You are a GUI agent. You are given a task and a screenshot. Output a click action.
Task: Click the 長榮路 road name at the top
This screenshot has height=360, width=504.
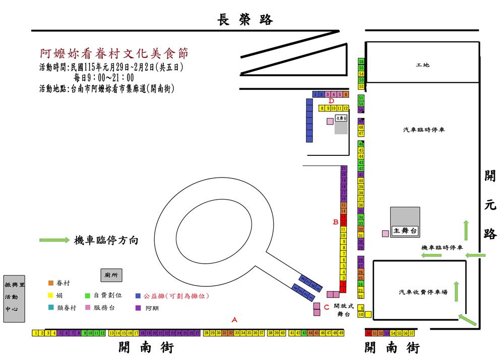pos(245,20)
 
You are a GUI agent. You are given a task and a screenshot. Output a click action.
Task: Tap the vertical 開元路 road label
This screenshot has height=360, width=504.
pos(489,204)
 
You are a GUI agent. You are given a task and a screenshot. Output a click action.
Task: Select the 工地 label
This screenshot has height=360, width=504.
pos(422,65)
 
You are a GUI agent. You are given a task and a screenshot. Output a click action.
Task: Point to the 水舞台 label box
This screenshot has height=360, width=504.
pos(341,117)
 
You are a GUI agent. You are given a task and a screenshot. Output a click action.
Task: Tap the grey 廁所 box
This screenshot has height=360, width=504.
pos(111,275)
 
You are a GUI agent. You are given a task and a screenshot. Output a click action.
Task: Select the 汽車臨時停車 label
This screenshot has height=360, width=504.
pos(423,130)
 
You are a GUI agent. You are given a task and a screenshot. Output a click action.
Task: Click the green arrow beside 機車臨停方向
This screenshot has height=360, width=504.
pos(54,240)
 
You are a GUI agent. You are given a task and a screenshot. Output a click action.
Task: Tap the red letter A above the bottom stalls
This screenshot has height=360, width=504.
pos(234,319)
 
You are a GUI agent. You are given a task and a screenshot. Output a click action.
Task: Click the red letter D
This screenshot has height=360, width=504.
pos(332,101)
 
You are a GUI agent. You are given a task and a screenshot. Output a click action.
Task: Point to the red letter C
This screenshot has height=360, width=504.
pos(327,307)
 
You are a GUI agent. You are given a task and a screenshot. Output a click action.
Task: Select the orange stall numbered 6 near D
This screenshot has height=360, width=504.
pos(346,94)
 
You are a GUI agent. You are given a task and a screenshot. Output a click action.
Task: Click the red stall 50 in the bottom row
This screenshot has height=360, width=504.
pos(368,333)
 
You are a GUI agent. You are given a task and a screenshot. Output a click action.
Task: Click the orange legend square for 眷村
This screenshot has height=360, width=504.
pos(50,283)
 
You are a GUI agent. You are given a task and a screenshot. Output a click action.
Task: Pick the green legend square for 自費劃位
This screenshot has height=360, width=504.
pos(87,295)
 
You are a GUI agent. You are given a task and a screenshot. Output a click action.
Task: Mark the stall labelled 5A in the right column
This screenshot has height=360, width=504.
pos(361,104)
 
